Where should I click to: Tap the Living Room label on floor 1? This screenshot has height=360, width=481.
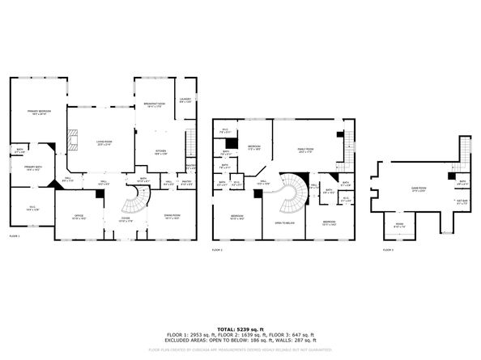click(104, 143)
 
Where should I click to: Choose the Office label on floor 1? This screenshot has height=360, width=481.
click(80, 217)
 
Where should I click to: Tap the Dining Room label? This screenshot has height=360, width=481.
click(172, 217)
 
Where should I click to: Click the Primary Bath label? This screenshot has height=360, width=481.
click(32, 168)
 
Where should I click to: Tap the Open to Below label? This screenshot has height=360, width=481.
click(283, 222)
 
